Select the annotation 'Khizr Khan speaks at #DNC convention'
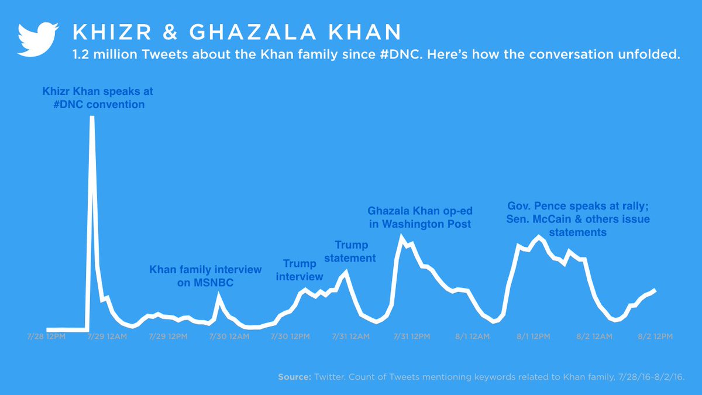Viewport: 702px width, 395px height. (x=98, y=98)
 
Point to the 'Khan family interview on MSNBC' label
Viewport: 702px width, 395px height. (x=205, y=276)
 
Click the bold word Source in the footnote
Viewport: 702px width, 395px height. (x=294, y=377)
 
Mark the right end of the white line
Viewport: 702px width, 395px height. (x=655, y=290)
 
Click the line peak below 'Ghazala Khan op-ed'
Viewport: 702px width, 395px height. (x=401, y=236)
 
